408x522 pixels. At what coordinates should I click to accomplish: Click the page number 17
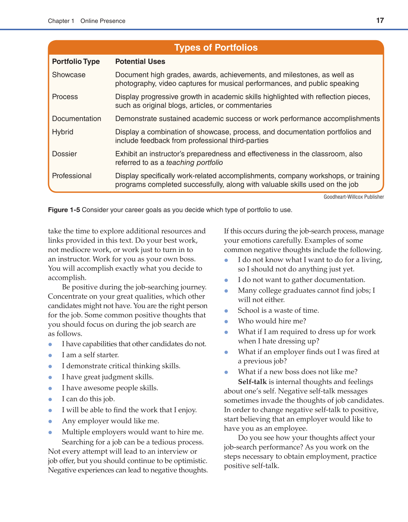pyautogui.click(x=380, y=20)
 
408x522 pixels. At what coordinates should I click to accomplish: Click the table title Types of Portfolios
pyautogui.click(x=216, y=48)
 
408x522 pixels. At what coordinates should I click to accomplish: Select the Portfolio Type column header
pyautogui.click(x=76, y=61)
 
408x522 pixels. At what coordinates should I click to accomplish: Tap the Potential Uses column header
pyautogui.click(x=140, y=61)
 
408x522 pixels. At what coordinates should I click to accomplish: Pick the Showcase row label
pyautogui.click(x=69, y=75)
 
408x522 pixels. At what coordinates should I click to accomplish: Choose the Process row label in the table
pyautogui.click(x=65, y=97)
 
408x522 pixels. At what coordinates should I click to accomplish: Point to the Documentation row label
pyautogui.click(x=77, y=119)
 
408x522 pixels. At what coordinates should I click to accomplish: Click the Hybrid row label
pyautogui.click(x=63, y=132)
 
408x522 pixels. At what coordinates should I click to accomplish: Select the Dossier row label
pyautogui.click(x=65, y=154)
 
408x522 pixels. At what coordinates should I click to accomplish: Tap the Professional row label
pyautogui.click(x=72, y=176)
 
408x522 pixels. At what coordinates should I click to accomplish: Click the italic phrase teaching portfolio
pyautogui.click(x=194, y=163)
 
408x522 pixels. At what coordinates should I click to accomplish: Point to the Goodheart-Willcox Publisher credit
pyautogui.click(x=354, y=197)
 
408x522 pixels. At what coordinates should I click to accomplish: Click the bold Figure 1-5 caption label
pyautogui.click(x=64, y=210)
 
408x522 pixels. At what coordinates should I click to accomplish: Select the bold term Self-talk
pyautogui.click(x=252, y=382)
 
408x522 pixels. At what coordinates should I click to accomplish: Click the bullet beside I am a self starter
pyautogui.click(x=50, y=355)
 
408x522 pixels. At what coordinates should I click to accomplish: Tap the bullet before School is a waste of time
pyautogui.click(x=226, y=311)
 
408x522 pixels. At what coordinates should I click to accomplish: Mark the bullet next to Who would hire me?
pyautogui.click(x=226, y=322)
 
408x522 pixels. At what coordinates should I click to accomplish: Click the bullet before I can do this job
pyautogui.click(x=50, y=399)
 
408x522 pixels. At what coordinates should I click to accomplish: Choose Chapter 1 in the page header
pyautogui.click(x=61, y=21)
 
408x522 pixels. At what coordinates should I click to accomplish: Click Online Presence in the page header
pyautogui.click(x=103, y=21)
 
